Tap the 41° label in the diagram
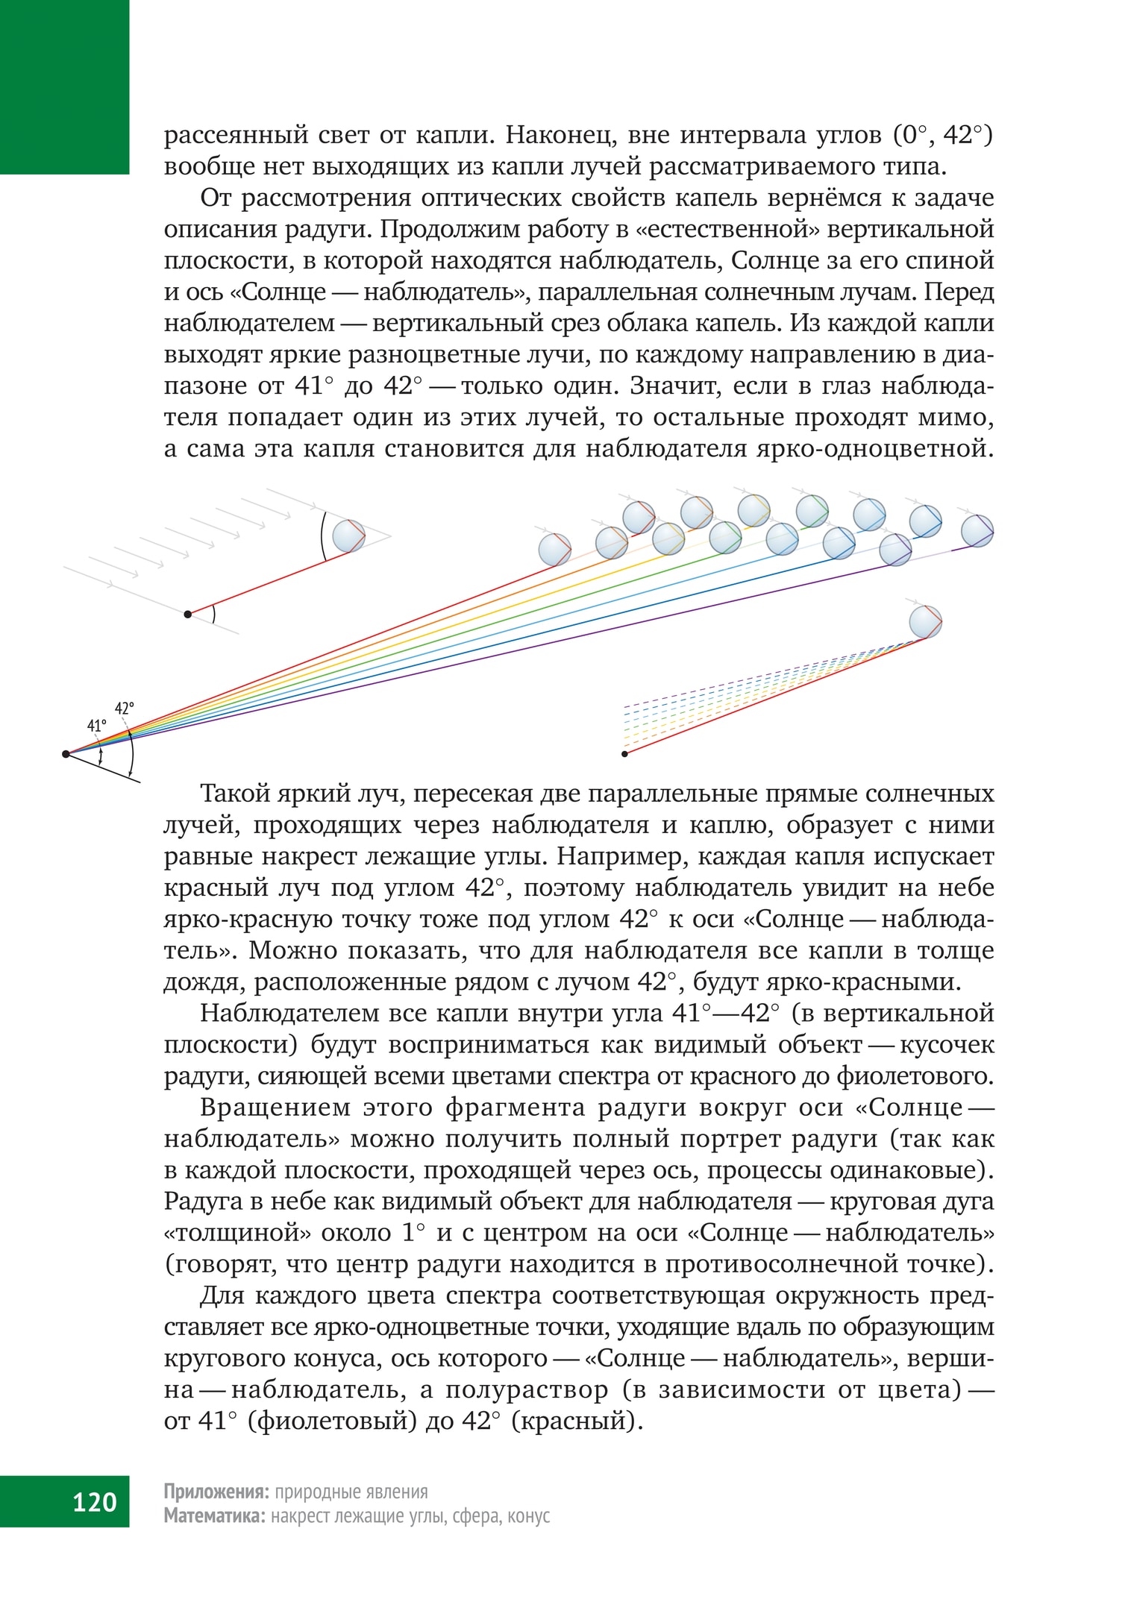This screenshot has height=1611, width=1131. tap(97, 726)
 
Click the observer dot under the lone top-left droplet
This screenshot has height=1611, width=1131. tap(188, 614)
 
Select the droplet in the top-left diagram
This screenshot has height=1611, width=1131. tap(348, 536)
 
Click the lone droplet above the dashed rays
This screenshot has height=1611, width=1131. tap(925, 621)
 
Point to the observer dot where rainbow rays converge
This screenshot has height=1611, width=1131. tap(66, 754)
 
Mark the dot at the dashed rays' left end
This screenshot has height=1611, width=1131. tap(624, 754)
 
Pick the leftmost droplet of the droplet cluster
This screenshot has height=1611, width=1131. tap(554, 549)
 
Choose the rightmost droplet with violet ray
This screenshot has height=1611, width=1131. tap(977, 531)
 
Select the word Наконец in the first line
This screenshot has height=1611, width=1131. tap(559, 135)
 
